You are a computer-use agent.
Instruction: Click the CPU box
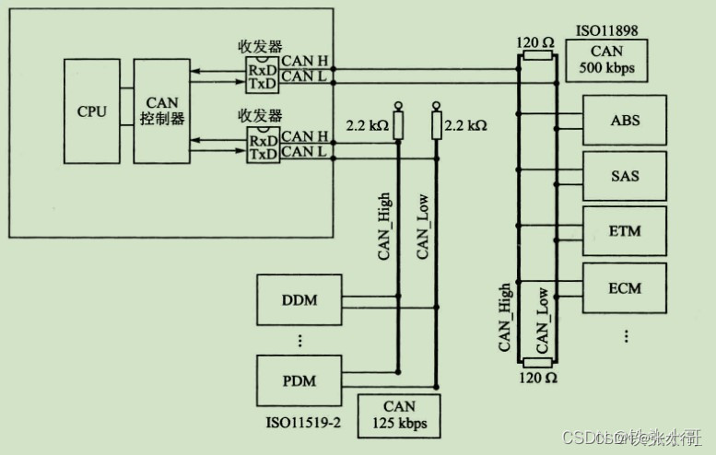coord(92,111)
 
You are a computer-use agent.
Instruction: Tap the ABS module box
coord(625,121)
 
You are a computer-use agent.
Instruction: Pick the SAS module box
coord(625,175)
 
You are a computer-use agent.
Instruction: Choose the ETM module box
coord(625,231)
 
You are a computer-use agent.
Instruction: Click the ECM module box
coord(625,287)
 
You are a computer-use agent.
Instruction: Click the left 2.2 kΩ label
coord(366,124)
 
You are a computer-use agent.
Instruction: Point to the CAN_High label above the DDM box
coord(384,226)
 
